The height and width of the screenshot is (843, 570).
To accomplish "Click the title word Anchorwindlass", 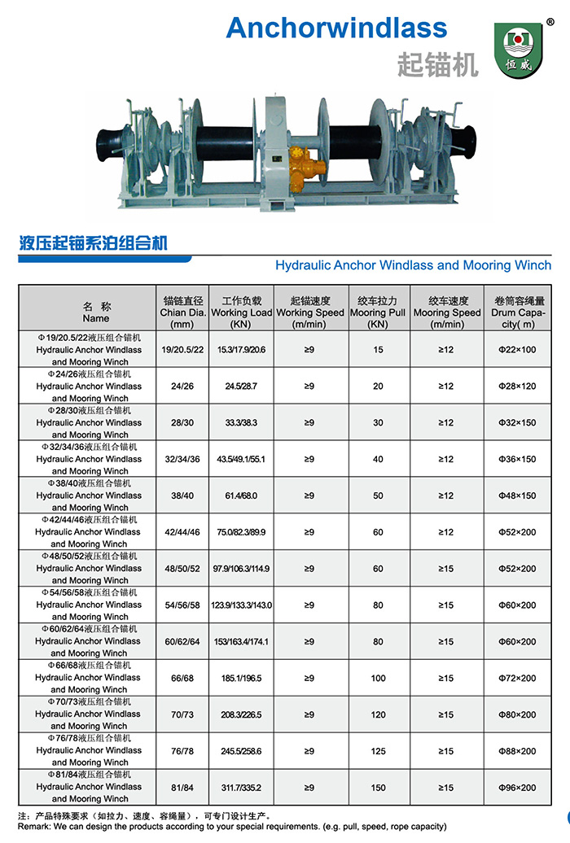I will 336,28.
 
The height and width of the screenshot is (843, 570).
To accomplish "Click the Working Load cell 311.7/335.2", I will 241,787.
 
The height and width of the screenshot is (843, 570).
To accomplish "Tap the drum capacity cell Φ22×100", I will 517,349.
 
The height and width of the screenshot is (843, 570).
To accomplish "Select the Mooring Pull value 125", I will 378,750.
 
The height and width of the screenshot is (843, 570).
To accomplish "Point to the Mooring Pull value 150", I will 378,787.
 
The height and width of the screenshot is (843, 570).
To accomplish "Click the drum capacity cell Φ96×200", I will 517,787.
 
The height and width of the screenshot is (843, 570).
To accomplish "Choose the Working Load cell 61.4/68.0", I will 241,495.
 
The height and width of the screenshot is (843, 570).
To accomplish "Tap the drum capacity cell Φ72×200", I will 517,678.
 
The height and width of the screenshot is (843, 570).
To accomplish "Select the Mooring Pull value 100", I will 378,678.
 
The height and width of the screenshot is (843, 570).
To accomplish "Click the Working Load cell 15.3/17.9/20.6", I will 241,349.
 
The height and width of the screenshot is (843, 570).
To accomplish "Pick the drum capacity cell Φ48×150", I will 517,495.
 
